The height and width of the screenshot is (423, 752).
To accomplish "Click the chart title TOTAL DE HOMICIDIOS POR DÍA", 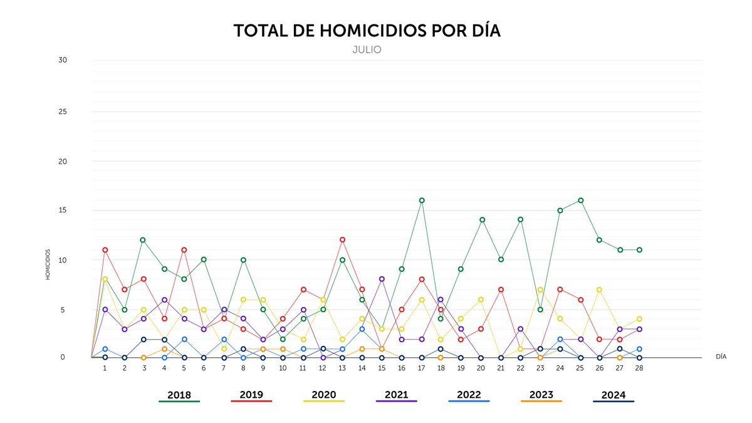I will tap(367, 31).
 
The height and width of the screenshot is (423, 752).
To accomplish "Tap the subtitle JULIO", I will tap(367, 50).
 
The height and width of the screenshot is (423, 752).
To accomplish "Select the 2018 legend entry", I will tap(179, 395).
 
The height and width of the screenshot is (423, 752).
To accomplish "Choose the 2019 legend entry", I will tap(251, 395).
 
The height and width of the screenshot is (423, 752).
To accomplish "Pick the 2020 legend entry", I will tap(324, 395).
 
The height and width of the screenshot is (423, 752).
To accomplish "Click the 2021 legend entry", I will tap(396, 395).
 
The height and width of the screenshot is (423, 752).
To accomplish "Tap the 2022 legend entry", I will tap(469, 395).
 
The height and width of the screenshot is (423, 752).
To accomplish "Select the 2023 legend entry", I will tap(541, 395).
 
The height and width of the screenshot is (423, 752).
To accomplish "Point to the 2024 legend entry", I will tap(613, 395).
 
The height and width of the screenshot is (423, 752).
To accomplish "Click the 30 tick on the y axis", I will tap(63, 60).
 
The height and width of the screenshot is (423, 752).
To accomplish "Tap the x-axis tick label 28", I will tap(639, 368).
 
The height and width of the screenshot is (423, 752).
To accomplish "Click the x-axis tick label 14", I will tap(362, 368).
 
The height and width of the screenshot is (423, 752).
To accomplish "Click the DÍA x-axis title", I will tap(721, 356).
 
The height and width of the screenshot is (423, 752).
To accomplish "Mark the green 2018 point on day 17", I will tap(422, 201).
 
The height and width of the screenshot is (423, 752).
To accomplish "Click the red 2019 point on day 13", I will tap(342, 240).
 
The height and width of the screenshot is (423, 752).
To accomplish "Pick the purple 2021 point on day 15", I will tap(382, 279).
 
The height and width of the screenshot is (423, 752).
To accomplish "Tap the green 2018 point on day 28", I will tap(639, 250).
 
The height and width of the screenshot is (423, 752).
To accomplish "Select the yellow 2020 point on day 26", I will tap(600, 290).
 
